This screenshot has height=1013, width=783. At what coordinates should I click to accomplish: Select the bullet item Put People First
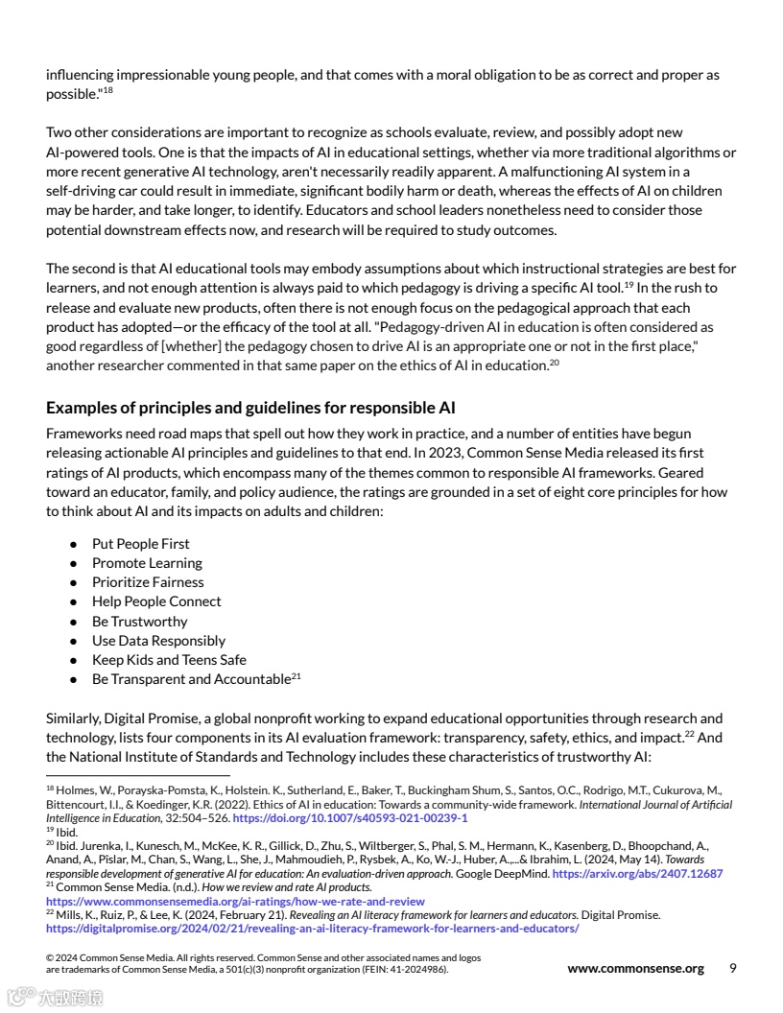[x=140, y=544]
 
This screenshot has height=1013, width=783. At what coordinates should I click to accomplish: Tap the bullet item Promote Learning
[x=147, y=563]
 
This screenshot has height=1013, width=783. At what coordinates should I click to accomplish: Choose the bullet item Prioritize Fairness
[x=148, y=582]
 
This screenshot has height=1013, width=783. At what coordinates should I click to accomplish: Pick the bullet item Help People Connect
[x=156, y=601]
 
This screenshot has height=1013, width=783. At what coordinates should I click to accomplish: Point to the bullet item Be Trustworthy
[x=139, y=622]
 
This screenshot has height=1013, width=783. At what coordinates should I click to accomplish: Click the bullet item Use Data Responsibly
[x=158, y=641]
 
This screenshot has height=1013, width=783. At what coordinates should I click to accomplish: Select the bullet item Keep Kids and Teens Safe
[x=169, y=660]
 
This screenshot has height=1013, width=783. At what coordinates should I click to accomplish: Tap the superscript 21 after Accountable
[x=297, y=676]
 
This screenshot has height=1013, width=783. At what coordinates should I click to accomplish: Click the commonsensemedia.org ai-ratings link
[x=235, y=902]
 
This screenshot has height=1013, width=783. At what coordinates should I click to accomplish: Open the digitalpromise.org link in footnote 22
[x=312, y=929]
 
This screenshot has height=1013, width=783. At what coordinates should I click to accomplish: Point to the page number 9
[x=733, y=968]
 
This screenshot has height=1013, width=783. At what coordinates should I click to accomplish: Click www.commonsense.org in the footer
[x=635, y=969]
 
